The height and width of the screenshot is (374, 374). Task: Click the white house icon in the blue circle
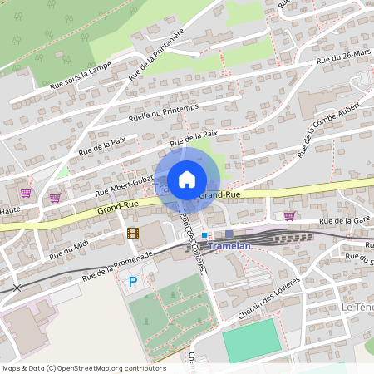click(x=187, y=179)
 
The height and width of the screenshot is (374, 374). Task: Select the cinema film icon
click(x=133, y=232)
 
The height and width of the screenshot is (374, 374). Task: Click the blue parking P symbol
click(x=133, y=283)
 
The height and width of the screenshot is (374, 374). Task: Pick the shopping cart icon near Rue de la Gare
click(x=289, y=215)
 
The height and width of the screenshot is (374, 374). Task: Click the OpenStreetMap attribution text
click(x=83, y=367)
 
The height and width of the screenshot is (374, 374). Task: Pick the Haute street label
click(x=10, y=211)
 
